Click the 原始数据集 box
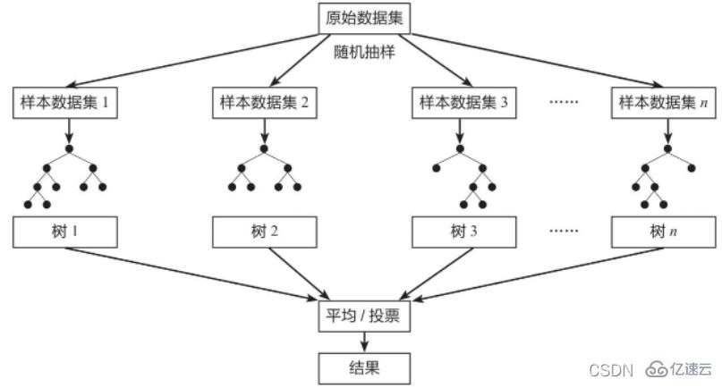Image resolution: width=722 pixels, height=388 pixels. tap(363, 16)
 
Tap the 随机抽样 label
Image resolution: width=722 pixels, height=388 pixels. tap(363, 53)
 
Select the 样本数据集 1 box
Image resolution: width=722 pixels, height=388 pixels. tap(65, 103)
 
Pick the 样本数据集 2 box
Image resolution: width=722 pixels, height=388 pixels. tap(264, 103)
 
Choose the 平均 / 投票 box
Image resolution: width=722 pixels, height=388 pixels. tap(363, 316)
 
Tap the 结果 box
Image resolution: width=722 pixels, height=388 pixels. tap(363, 366)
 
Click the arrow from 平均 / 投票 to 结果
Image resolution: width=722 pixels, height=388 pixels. tap(363, 341)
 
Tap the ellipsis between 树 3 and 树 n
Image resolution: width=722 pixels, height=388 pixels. tap(565, 232)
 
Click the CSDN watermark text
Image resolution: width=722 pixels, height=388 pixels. tap(612, 368)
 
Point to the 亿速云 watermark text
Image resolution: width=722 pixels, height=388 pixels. tap(691, 368)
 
